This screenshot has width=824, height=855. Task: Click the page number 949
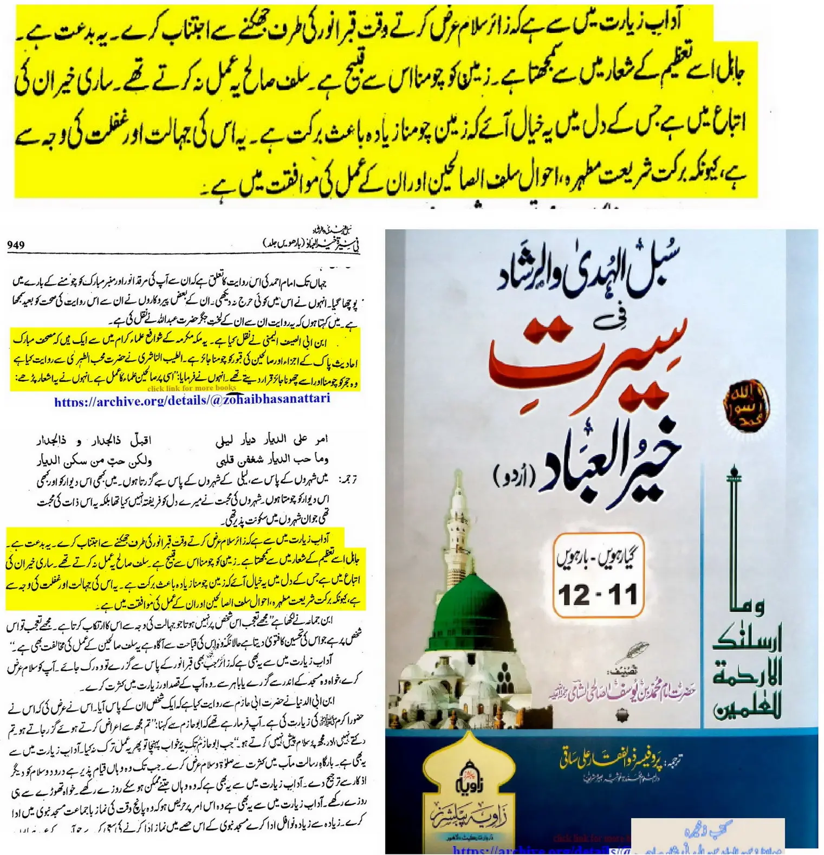click(16, 245)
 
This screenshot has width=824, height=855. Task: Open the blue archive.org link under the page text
click(192, 401)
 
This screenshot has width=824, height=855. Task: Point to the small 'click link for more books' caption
click(192, 388)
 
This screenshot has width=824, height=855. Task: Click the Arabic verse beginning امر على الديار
click(271, 439)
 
